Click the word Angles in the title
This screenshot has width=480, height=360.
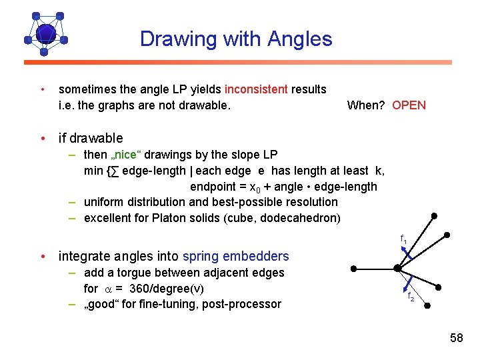(299, 39)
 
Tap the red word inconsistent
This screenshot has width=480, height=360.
(257, 89)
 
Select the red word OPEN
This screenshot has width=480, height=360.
(409, 105)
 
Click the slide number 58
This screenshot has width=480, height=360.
(456, 338)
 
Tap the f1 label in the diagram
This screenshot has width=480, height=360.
(404, 239)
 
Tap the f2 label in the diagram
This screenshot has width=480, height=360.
(411, 297)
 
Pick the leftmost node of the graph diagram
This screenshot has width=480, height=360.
(354, 268)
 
